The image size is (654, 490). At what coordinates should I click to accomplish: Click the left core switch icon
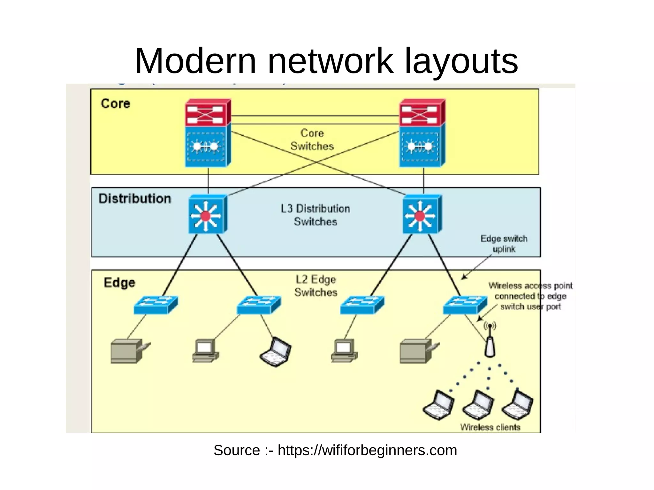coord(208,133)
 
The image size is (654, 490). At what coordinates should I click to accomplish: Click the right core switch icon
coord(422,133)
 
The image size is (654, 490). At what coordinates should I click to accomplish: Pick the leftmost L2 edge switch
coord(155,305)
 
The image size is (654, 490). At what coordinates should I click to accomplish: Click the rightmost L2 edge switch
coord(465,305)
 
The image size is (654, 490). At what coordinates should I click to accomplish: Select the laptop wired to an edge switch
coord(276,352)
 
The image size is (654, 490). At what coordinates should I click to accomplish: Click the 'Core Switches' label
coord(312,139)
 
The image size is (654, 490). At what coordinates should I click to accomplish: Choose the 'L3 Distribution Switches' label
coord(315,215)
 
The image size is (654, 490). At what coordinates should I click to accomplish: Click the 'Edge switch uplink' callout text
coord(504,244)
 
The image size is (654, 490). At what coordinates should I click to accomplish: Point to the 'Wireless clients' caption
coord(490,427)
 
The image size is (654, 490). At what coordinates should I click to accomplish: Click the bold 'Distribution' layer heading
coord(135,199)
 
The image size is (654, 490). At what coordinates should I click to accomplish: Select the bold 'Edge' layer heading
coord(119,283)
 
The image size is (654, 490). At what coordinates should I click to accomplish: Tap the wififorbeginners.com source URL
coord(367,450)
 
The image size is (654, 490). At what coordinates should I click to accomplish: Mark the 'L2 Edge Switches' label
coord(316,286)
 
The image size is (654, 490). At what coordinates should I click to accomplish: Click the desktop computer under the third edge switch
coord(344,351)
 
